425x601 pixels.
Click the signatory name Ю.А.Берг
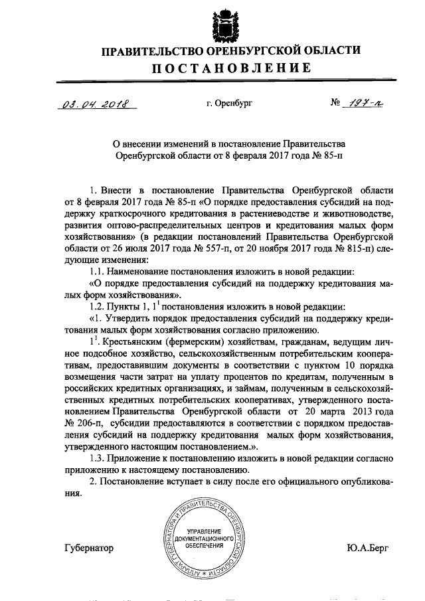coord(367,548)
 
